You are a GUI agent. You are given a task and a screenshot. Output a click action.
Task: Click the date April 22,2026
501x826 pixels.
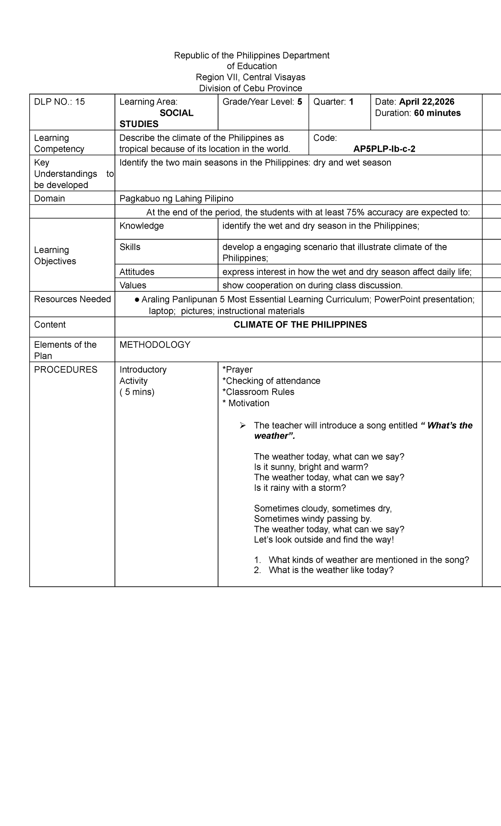[x=427, y=102]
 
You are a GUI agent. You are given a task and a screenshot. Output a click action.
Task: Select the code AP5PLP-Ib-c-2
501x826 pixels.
[x=384, y=149]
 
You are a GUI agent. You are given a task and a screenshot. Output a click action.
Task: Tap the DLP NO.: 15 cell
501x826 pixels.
[x=60, y=102]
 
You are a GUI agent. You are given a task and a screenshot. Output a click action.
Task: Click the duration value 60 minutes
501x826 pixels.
[x=437, y=113]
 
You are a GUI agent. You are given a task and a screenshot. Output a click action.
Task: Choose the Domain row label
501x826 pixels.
[x=49, y=199]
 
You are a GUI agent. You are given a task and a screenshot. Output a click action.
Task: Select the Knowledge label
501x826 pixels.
[x=142, y=226]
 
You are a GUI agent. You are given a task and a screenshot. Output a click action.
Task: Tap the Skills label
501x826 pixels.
[x=130, y=247]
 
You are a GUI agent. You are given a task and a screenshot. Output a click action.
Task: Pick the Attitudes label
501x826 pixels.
[x=137, y=272]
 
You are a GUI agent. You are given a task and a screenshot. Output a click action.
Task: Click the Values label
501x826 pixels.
[x=133, y=286]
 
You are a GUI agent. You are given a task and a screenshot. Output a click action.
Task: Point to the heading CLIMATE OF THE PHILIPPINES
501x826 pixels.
[x=300, y=325]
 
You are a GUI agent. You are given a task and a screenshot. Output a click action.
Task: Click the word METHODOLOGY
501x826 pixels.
[x=154, y=345]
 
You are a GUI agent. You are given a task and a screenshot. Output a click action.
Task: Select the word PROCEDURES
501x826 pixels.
[x=66, y=370]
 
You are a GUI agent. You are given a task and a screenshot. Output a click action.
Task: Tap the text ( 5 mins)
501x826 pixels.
[x=137, y=392]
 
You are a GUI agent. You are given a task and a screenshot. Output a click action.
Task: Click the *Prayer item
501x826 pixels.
[x=238, y=370]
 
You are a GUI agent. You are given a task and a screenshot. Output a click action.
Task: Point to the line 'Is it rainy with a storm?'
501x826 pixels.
[x=300, y=488]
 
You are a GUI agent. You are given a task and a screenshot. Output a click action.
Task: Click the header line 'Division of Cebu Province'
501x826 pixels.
[x=250, y=88]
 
